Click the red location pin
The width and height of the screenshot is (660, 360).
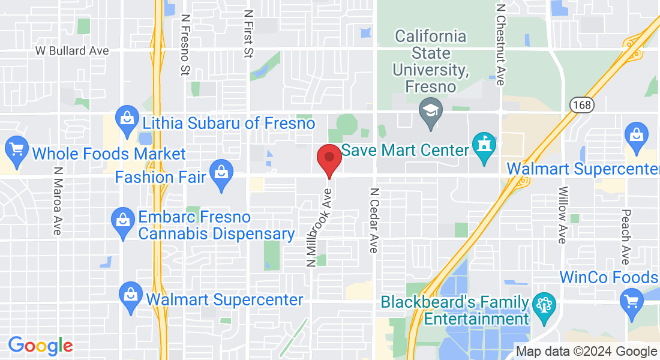point(329,158)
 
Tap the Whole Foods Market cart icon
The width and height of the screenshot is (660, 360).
point(16,148)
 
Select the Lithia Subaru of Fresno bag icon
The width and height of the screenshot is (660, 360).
point(127,118)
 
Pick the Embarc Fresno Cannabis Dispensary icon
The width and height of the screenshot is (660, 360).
point(123,220)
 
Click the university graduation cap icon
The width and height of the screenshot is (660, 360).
point(431,111)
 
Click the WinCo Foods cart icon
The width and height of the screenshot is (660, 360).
point(631,299)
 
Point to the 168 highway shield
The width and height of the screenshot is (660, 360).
point(581,104)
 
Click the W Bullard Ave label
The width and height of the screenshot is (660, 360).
point(72,51)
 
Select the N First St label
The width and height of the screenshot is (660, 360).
point(248,34)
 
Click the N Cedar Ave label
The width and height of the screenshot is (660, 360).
point(374,221)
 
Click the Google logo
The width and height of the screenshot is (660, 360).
point(40,346)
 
